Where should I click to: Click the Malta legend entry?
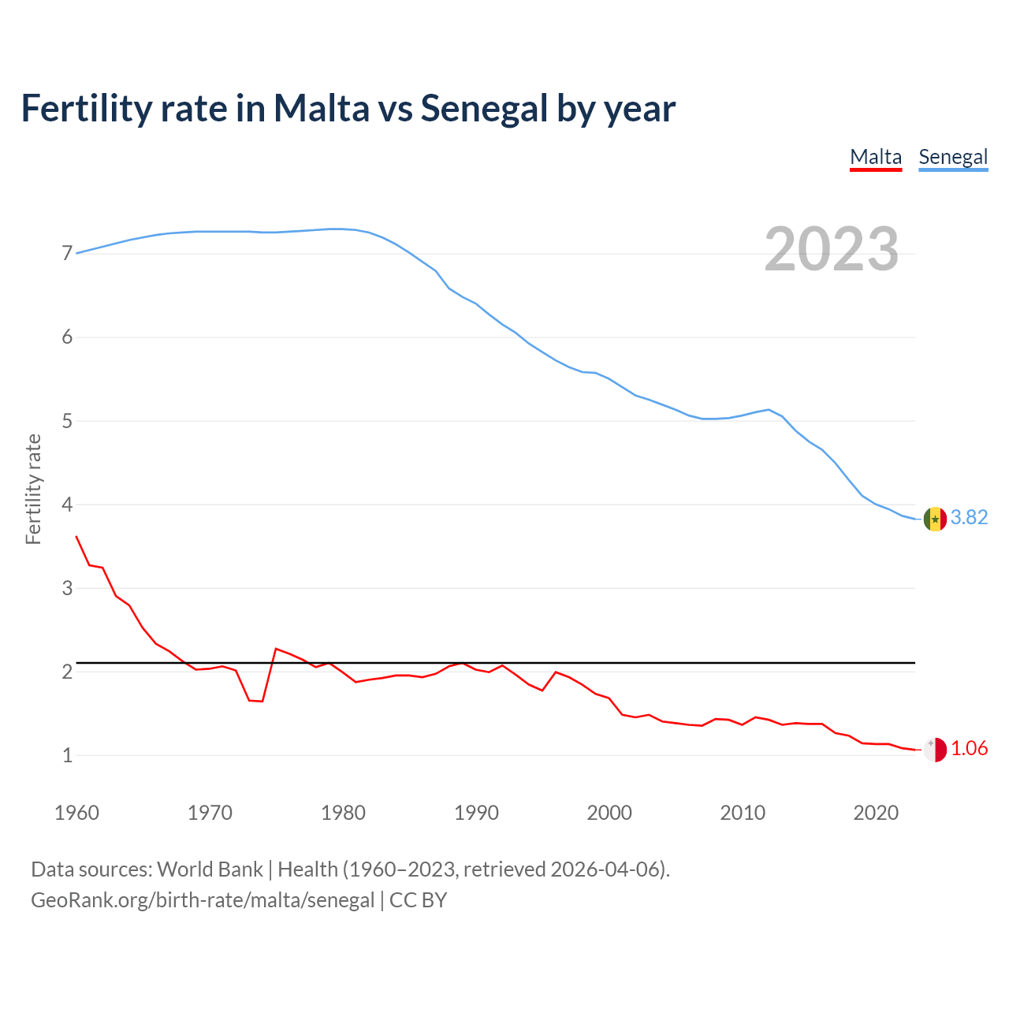875,157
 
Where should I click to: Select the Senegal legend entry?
953,157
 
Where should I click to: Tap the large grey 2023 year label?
832,249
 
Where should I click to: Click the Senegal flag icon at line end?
935,519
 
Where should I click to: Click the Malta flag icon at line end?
935,750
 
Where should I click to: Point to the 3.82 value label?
969,517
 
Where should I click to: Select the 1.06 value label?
969,748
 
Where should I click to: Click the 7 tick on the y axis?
67,254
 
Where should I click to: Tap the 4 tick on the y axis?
67,504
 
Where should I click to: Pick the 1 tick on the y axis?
67,755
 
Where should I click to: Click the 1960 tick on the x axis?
76,813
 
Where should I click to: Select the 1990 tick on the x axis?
476,813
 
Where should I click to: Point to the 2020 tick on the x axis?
876,813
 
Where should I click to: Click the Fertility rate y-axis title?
33,489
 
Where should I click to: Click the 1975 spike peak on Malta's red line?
276,648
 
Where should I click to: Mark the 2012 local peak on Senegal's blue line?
769,409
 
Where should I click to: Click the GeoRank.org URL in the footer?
203,899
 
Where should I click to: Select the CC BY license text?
418,899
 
